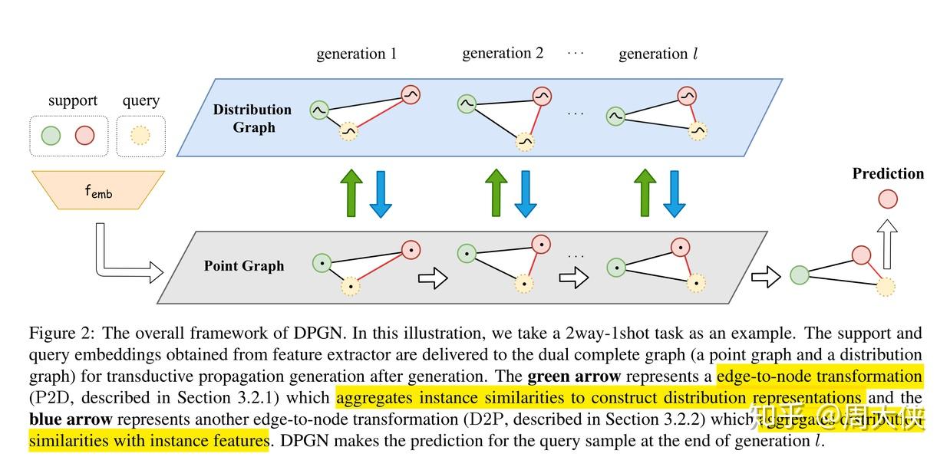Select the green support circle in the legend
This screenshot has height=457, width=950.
tap(51, 136)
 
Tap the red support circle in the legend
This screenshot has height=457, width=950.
tap(84, 136)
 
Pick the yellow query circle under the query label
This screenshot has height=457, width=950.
tap(140, 136)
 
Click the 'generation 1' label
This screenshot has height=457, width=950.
tap(356, 54)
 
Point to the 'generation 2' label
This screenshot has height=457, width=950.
tap(503, 53)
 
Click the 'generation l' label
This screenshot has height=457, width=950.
tap(658, 54)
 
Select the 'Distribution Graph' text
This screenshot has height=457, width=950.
tap(252, 118)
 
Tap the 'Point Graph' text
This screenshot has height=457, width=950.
tap(244, 266)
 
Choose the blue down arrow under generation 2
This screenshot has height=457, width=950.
tap(526, 193)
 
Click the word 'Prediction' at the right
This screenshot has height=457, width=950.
tap(888, 174)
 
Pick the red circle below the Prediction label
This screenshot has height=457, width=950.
tap(887, 199)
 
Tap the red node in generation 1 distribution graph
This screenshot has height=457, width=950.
tap(409, 95)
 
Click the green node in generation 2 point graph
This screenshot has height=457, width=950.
tap(467, 252)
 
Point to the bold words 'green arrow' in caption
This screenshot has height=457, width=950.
tap(575, 376)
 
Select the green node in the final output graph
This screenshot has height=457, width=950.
tap(800, 274)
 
